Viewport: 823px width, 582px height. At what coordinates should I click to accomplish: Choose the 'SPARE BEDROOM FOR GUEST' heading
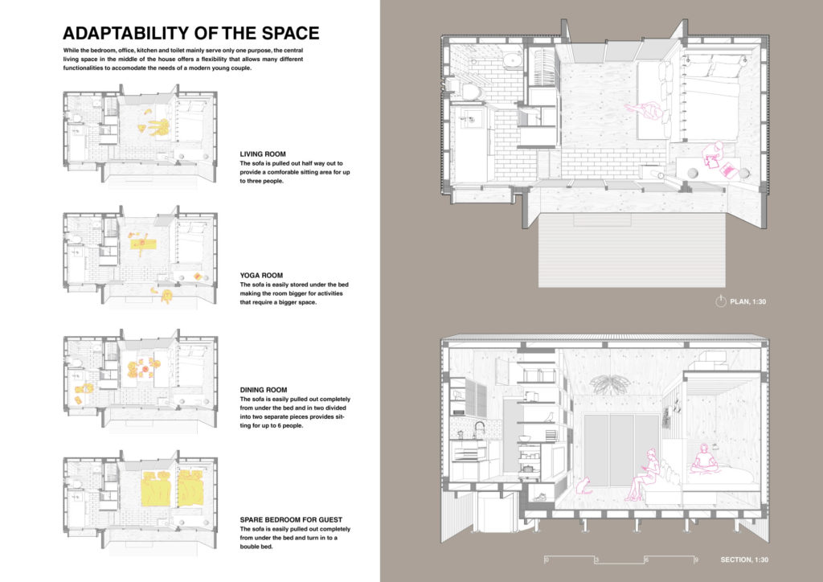click(x=289, y=519)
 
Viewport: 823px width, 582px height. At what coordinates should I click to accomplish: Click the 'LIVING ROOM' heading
click(x=263, y=153)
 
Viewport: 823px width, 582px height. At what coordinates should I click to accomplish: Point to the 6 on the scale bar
click(x=646, y=559)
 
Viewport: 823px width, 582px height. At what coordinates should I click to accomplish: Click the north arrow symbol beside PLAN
click(x=720, y=302)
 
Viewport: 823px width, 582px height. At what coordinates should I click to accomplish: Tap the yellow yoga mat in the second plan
click(x=144, y=241)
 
